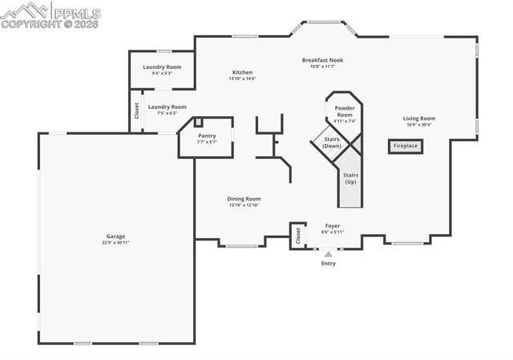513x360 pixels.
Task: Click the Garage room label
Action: coord(116,237)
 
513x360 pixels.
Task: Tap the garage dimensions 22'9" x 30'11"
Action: coord(116,243)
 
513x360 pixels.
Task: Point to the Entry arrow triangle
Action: coord(327,253)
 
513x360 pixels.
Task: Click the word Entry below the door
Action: coord(329,264)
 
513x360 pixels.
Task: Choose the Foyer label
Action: coord(333,226)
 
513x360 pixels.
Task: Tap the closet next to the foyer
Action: coord(297,234)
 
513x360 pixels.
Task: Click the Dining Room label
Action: coord(244,199)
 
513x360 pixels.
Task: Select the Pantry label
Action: coord(207,136)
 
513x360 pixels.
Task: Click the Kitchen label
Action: coord(242,72)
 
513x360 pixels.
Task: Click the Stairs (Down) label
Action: coord(332,143)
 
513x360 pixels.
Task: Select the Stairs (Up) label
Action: coord(350,178)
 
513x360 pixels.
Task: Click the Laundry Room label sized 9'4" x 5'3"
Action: coord(162,67)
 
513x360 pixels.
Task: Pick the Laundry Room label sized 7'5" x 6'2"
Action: coord(167,107)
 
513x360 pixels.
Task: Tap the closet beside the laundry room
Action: coord(136,111)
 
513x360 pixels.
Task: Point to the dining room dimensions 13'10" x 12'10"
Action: coord(244,205)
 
